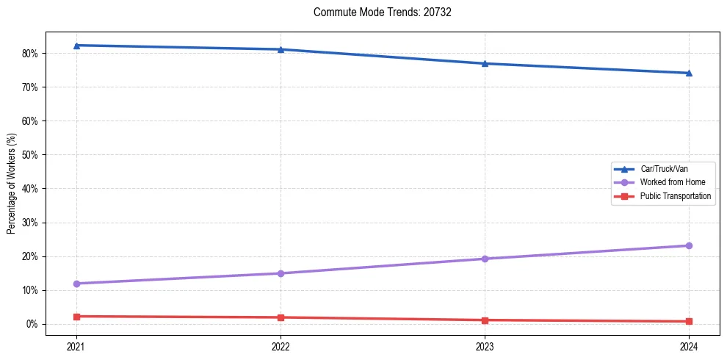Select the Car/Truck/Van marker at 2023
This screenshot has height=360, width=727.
click(485, 63)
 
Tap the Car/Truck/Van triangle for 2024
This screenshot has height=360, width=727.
click(689, 73)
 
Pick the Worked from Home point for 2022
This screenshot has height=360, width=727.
click(281, 273)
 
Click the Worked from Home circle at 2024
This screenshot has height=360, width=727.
click(689, 245)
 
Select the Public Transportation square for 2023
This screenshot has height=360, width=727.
click(485, 320)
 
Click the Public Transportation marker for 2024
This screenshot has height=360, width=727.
click(689, 321)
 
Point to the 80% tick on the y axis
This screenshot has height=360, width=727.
click(30, 54)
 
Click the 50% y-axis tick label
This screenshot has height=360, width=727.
click(30, 155)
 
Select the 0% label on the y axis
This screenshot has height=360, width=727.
click(32, 324)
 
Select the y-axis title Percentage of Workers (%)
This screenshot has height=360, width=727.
click(12, 184)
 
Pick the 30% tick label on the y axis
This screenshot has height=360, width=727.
click(30, 223)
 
